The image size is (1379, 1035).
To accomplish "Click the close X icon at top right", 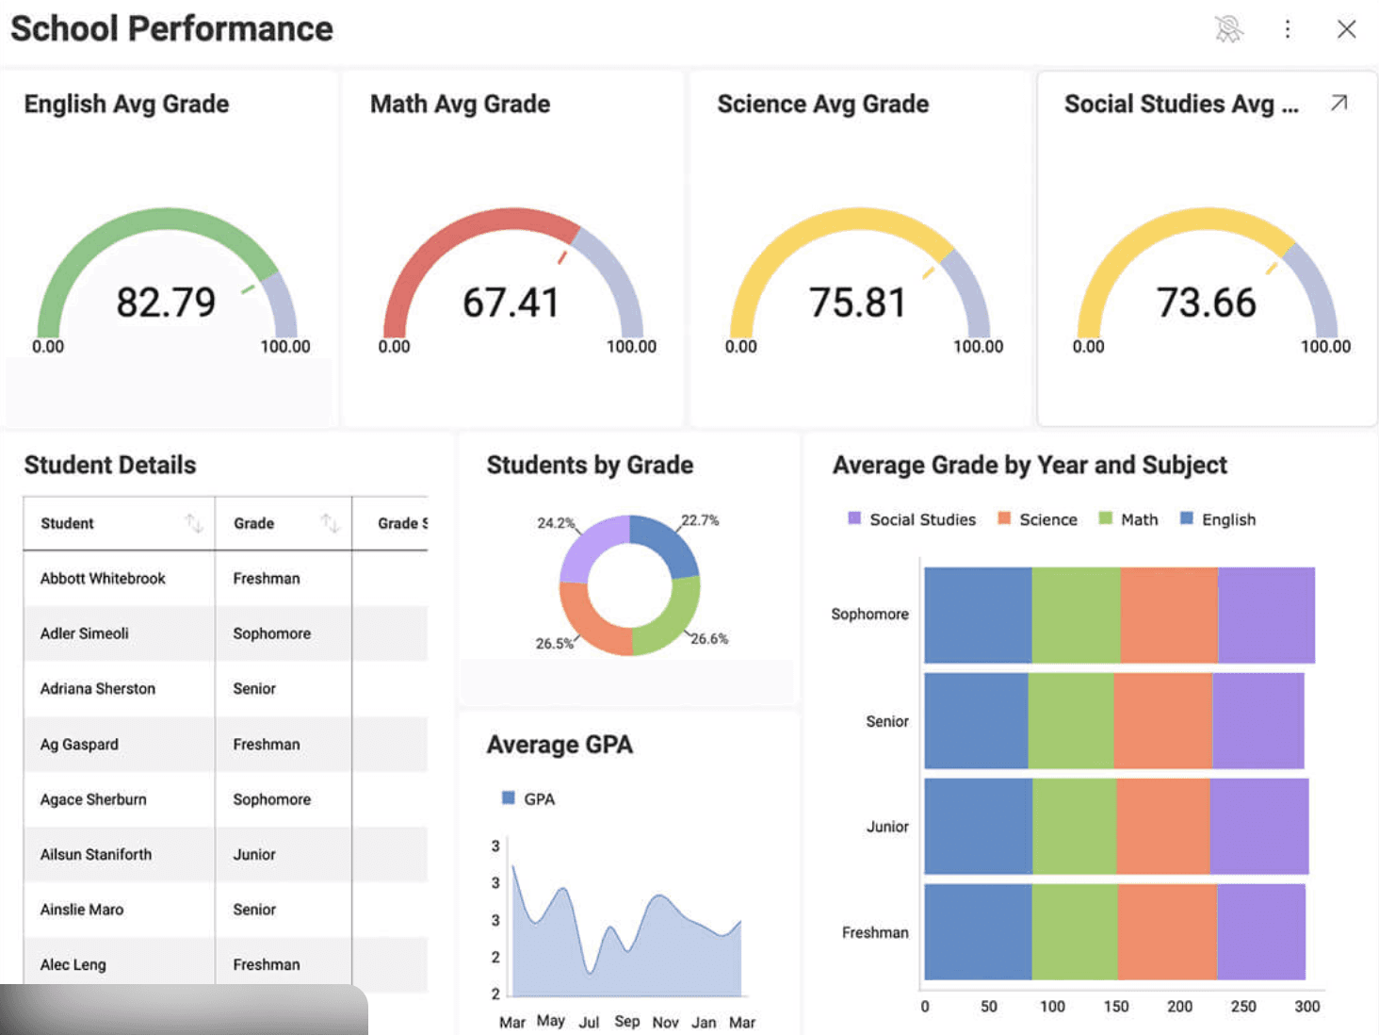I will pyautogui.click(x=1346, y=29).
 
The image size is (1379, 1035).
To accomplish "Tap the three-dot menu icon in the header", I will pyautogui.click(x=1287, y=29).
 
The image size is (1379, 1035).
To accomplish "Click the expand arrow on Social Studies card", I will pyautogui.click(x=1338, y=103).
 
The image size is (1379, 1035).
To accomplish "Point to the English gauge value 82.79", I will pyautogui.click(x=166, y=303).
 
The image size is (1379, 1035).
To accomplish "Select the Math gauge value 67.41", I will pyautogui.click(x=511, y=303).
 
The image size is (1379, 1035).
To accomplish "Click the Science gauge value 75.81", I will pyautogui.click(x=858, y=303).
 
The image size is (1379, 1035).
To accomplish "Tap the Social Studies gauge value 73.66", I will pyautogui.click(x=1206, y=303).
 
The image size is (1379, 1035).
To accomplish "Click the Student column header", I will pyautogui.click(x=68, y=523).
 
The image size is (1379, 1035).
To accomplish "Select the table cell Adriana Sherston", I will pyautogui.click(x=98, y=688).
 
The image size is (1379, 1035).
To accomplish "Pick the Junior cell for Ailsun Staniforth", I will pyautogui.click(x=254, y=854).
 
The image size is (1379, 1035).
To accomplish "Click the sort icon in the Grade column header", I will pyautogui.click(x=330, y=522).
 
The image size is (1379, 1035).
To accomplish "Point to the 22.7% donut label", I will pyautogui.click(x=700, y=520).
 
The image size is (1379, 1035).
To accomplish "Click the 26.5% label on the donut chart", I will pyautogui.click(x=554, y=644).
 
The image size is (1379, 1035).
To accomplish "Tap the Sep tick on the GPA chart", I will pyautogui.click(x=626, y=1022).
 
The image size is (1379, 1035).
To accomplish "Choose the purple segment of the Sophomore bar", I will pyautogui.click(x=1266, y=615).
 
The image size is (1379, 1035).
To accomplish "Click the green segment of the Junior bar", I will pyautogui.click(x=1074, y=827).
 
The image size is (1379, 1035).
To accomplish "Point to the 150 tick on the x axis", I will pyautogui.click(x=1116, y=1007).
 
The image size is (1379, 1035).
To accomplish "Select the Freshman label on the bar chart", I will pyautogui.click(x=875, y=932).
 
